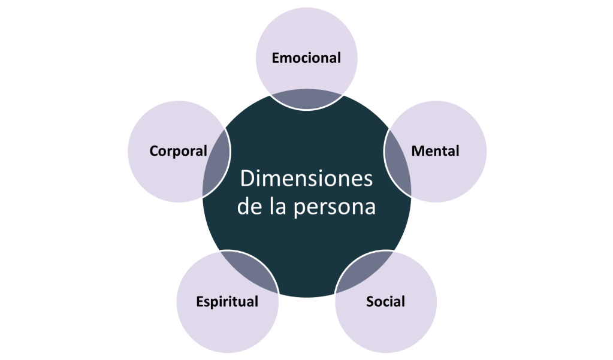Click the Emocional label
click(x=306, y=58)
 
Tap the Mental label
click(x=435, y=151)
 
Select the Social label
click(x=385, y=301)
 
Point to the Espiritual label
click(x=227, y=301)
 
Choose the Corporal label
click(x=178, y=151)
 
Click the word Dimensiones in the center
click(x=306, y=179)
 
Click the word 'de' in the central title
click(x=247, y=207)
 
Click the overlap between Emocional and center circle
click(x=306, y=100)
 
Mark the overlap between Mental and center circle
click(x=397, y=163)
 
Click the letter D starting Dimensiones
click(x=246, y=179)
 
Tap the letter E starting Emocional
click(x=276, y=58)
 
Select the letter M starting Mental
click(x=416, y=151)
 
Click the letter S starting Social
click(x=370, y=301)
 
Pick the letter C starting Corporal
click(x=153, y=151)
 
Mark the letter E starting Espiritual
click(x=200, y=301)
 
